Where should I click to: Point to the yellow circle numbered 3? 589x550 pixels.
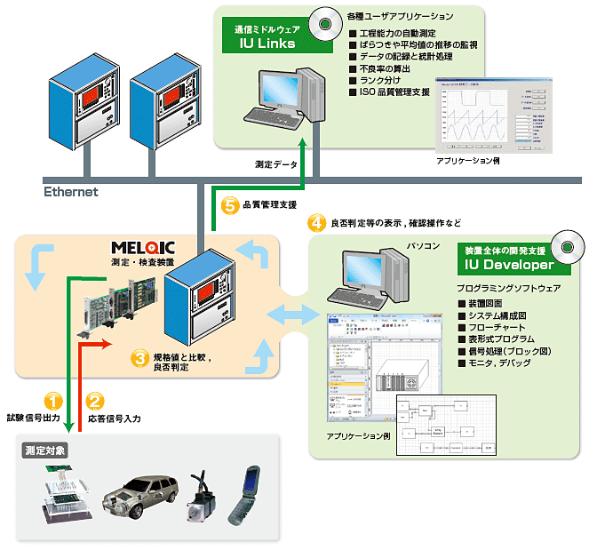[x=139, y=358]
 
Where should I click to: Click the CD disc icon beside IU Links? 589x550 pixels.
[x=326, y=24]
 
